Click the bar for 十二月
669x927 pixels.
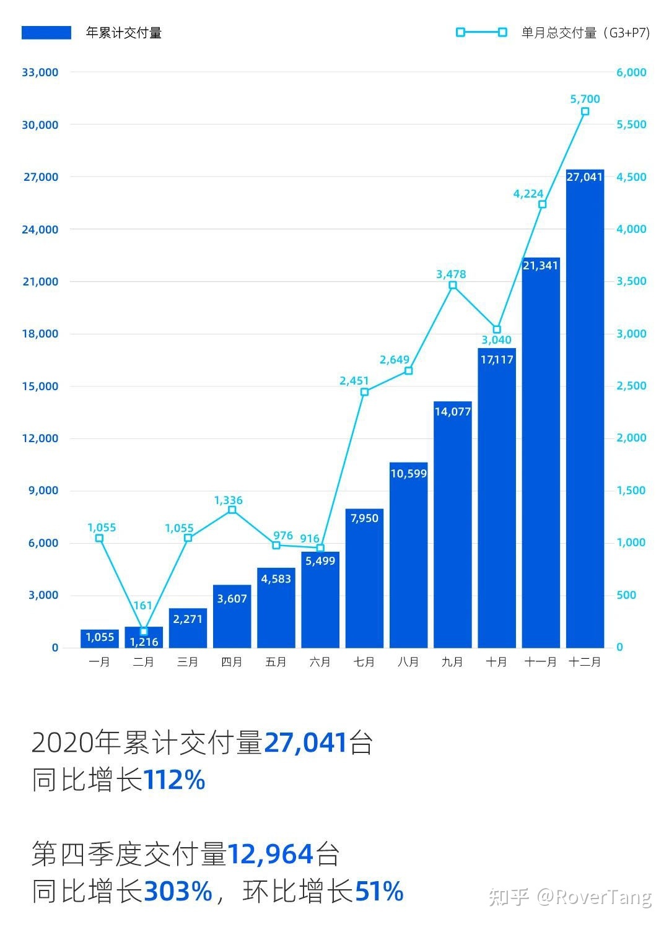click(x=585, y=409)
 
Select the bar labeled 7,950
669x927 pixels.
click(x=364, y=578)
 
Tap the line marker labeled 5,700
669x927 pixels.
click(x=585, y=111)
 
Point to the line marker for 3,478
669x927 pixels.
click(x=453, y=285)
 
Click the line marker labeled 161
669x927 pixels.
click(x=144, y=632)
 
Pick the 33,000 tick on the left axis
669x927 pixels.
click(x=40, y=72)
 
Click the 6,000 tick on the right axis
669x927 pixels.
click(x=631, y=72)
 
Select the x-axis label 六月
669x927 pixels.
click(x=320, y=662)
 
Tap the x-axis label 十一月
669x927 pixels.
click(x=541, y=662)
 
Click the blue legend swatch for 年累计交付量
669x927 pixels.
click(x=46, y=33)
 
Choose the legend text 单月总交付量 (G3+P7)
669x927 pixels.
click(x=585, y=33)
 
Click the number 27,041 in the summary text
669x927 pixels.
click(x=305, y=742)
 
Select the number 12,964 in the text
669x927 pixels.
click(x=271, y=855)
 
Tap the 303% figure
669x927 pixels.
click(x=178, y=892)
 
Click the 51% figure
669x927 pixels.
click(x=379, y=892)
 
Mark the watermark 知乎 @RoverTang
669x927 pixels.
click(x=570, y=897)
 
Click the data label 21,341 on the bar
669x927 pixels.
click(x=541, y=266)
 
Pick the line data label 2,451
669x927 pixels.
click(x=354, y=381)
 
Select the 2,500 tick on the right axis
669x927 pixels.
click(x=631, y=386)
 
